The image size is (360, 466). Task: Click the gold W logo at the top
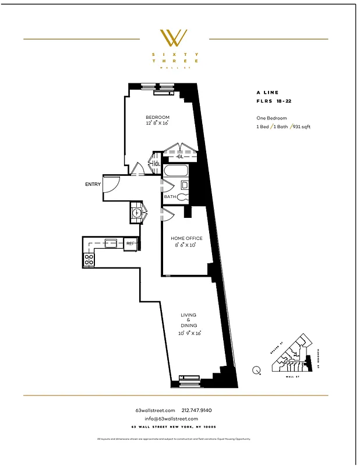click(174, 38)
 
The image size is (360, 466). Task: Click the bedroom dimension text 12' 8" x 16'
click(157, 123)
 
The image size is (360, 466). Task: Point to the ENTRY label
click(93, 184)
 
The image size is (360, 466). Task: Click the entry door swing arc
click(113, 185)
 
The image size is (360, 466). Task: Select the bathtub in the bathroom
click(175, 171)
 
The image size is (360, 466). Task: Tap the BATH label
click(170, 197)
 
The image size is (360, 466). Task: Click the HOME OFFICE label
click(186, 238)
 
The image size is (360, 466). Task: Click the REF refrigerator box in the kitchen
click(131, 243)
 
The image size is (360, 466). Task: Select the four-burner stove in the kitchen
click(89, 259)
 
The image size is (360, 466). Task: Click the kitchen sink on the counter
click(111, 243)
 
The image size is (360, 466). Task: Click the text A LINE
click(267, 93)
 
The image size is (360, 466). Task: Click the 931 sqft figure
click(301, 126)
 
